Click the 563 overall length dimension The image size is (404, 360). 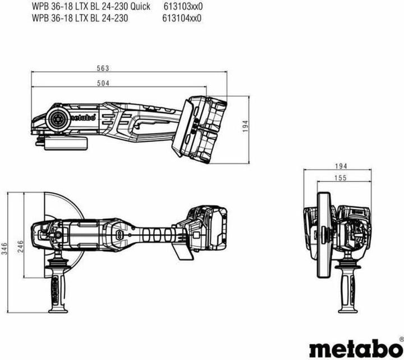tap(101, 69)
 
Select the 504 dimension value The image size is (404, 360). tap(101, 83)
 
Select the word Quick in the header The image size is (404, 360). tap(139, 6)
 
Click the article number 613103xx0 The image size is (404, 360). tap(182, 6)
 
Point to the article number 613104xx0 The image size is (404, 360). tap(182, 17)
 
